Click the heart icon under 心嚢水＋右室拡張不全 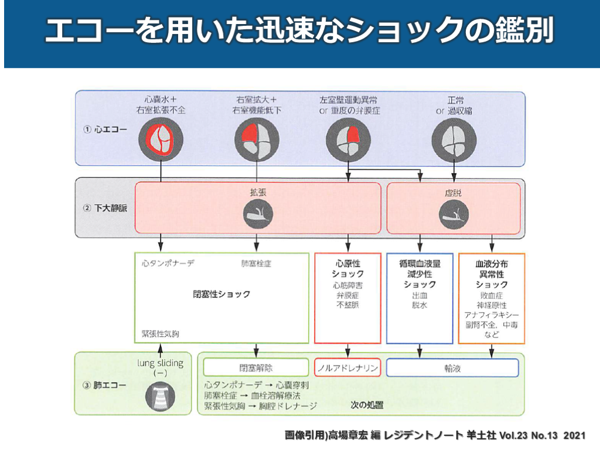(161, 138)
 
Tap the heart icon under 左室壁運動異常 (349, 138)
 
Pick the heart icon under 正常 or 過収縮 (454, 138)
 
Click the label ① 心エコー (104, 129)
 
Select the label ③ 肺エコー (104, 385)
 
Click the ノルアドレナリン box (348, 368)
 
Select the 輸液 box (452, 368)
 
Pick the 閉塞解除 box (255, 368)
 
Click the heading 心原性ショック (348, 269)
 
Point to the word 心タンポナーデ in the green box (168, 264)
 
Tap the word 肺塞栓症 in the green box (257, 264)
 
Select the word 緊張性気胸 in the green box (160, 333)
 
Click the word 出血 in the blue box (419, 296)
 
